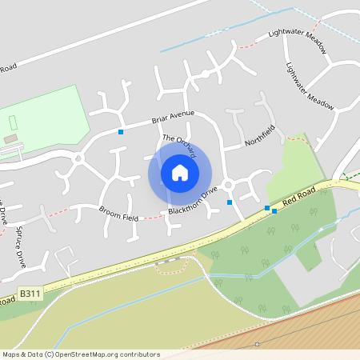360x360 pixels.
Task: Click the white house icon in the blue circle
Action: (180, 173)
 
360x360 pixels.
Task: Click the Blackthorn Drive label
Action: (193, 201)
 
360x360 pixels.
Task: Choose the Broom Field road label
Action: (118, 213)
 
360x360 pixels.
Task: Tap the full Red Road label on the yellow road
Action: (306, 197)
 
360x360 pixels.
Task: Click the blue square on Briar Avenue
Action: (121, 131)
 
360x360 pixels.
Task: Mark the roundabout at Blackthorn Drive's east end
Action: (228, 186)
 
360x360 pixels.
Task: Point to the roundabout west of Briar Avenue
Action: (78, 158)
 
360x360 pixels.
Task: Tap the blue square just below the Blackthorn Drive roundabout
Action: (230, 202)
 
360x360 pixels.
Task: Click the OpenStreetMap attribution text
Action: (81, 354)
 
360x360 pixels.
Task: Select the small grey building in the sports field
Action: (10, 139)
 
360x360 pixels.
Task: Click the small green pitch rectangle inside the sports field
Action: (14, 123)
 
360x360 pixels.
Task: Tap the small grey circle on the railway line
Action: (258, 343)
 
